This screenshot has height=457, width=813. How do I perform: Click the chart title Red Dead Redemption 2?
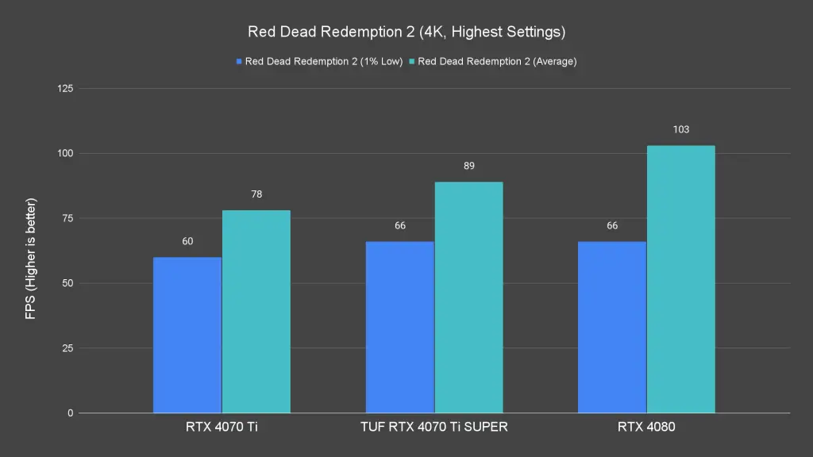tap(406, 33)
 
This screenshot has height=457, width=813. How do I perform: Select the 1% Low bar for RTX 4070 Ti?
tap(187, 335)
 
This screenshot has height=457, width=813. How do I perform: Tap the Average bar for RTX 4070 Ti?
tap(256, 312)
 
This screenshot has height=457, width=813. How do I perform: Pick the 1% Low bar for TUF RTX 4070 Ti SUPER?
tap(400, 327)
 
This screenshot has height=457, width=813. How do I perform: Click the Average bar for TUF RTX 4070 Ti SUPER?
tap(468, 298)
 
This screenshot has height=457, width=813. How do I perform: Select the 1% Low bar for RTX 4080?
tap(612, 327)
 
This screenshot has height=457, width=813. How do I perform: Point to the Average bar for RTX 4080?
tap(681, 279)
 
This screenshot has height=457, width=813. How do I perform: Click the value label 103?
tap(681, 129)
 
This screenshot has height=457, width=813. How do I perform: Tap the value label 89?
tap(468, 166)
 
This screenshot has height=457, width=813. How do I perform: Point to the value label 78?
tap(256, 194)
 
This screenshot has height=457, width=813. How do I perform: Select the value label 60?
tap(187, 241)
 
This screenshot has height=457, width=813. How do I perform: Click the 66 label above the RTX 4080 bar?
tap(612, 225)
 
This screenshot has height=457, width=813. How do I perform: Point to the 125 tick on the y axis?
tap(64, 88)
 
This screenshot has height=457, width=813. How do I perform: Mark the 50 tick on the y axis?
tap(67, 283)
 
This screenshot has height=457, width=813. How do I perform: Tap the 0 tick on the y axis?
tap(70, 413)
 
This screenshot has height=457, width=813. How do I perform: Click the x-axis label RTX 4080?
tap(646, 428)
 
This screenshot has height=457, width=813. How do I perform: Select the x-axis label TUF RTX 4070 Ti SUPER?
tap(434, 428)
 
